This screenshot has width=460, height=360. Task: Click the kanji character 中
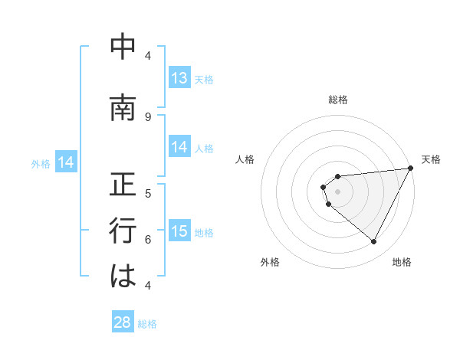(123, 47)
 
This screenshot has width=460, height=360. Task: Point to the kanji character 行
(123, 231)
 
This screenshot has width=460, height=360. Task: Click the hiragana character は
(123, 277)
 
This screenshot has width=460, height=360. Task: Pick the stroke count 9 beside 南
(148, 116)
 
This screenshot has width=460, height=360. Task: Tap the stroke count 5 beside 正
(148, 193)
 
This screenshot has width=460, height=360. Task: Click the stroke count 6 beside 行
(148, 239)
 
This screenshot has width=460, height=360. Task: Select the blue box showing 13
(179, 78)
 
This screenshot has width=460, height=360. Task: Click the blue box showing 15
(179, 231)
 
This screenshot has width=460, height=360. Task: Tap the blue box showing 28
(123, 322)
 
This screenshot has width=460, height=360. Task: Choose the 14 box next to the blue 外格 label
(66, 162)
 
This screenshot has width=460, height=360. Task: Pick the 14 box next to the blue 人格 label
(179, 147)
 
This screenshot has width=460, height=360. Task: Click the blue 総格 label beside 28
(147, 324)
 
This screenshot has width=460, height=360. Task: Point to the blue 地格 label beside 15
(204, 233)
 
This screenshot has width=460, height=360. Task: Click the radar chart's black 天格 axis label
(431, 159)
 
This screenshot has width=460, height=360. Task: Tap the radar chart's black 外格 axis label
(270, 262)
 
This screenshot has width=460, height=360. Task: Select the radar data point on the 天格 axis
(411, 169)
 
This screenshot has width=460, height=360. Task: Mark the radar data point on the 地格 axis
(373, 242)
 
